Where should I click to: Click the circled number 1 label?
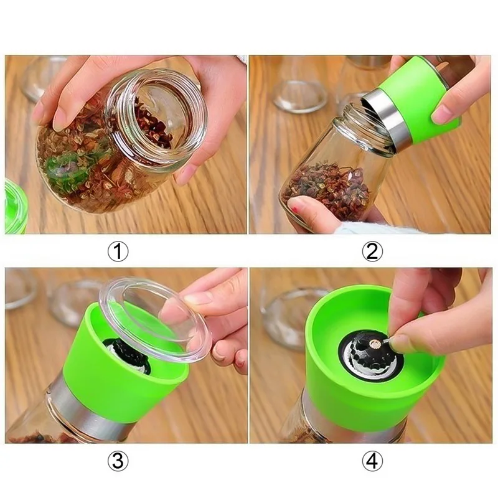point(118,251)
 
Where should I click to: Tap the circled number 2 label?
point(372,251)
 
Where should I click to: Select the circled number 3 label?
point(118,461)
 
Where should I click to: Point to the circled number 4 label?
point(372,461)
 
